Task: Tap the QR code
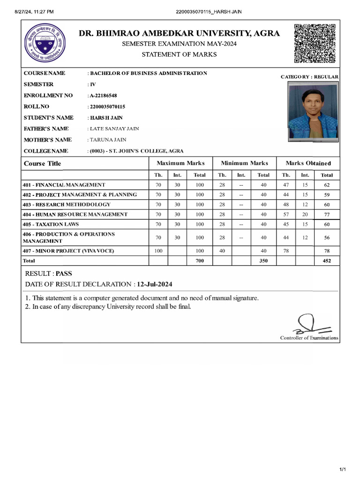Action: pos(315,43)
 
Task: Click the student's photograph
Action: pos(313,112)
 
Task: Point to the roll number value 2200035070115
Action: pos(107,107)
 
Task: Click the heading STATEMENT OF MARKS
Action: pos(179,54)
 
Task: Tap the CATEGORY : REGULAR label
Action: pos(309,76)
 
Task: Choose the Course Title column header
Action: pos(42,164)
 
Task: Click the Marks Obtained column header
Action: pos(308,163)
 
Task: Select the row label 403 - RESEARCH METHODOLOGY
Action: pos(67,204)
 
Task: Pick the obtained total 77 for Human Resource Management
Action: pos(327,215)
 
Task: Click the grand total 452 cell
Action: pos(327,261)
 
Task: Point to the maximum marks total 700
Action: pos(200,261)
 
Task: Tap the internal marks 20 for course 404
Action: pos(305,214)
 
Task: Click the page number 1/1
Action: pos(342,470)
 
